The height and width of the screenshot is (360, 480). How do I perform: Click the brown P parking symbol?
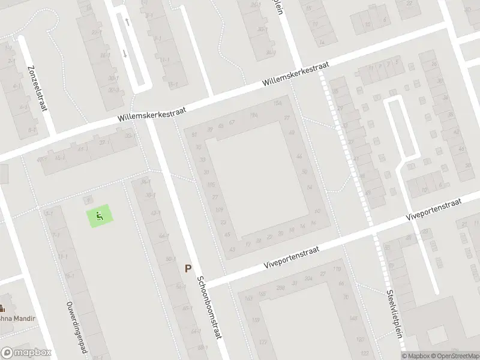click(188, 269)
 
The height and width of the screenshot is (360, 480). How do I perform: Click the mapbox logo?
click(26, 353)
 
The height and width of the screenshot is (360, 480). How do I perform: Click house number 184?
click(254, 115)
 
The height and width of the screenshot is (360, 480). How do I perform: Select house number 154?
click(277, 104)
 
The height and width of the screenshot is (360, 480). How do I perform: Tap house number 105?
click(211, 184)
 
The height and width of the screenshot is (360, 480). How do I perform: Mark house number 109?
click(219, 209)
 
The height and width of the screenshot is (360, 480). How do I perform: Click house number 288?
click(280, 289)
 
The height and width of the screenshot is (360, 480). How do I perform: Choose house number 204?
click(308, 279)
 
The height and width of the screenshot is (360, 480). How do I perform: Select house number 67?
click(231, 123)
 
